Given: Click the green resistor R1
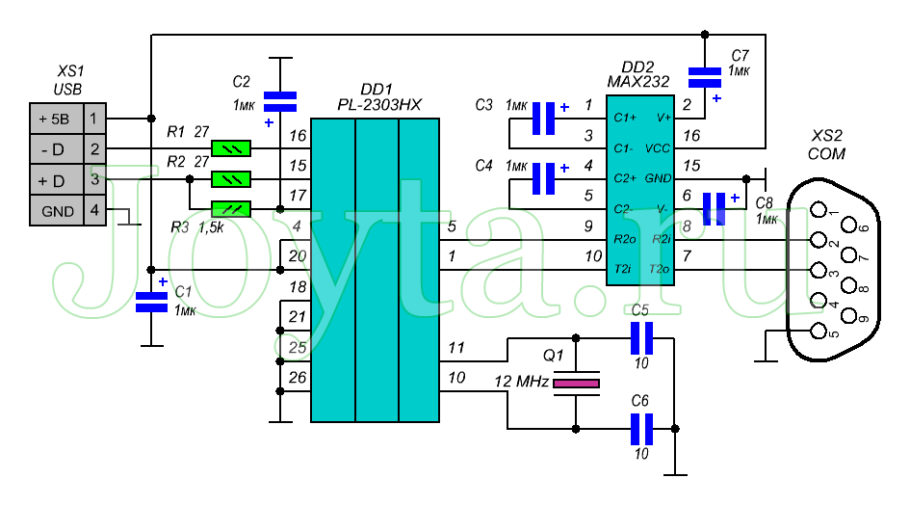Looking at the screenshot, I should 232,148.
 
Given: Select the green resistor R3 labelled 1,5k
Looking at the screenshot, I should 232,208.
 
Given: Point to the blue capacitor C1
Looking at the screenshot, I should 151,301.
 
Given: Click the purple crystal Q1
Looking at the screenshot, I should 576,384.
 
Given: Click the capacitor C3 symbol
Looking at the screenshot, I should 544,119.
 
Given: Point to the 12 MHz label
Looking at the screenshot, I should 519,383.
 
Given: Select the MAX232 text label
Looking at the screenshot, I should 638,82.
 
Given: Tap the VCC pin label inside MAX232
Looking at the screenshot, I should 658,149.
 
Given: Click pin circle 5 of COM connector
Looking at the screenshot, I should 819,332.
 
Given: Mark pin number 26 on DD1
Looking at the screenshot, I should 297,378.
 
